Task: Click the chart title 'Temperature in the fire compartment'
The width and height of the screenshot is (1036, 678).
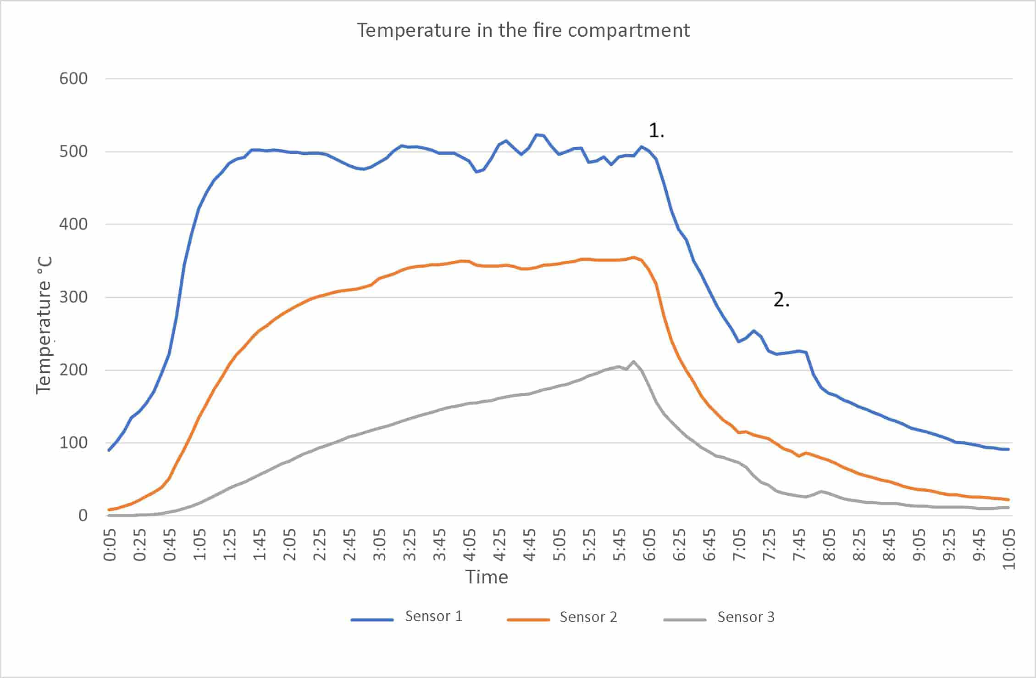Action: (x=523, y=31)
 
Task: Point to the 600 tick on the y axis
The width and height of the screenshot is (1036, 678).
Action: (x=73, y=78)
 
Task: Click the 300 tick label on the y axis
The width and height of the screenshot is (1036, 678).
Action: (x=73, y=297)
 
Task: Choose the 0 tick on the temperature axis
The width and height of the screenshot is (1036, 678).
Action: (x=83, y=516)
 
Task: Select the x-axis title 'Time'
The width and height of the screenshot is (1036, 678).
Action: (x=487, y=577)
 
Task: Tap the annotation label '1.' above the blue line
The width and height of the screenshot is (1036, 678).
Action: (x=656, y=131)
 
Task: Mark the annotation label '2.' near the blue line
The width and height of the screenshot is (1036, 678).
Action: (x=781, y=300)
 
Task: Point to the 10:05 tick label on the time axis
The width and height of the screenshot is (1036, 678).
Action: (x=1009, y=549)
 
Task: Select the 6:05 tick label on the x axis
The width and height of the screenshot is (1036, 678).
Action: (x=649, y=545)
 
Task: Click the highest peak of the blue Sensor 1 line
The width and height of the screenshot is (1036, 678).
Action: (x=537, y=134)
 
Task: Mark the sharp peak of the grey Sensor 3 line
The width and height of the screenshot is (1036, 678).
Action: (x=634, y=361)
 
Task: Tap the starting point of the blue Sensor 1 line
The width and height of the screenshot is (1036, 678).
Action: (x=109, y=450)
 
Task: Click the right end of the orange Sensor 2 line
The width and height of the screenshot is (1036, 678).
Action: (x=1008, y=499)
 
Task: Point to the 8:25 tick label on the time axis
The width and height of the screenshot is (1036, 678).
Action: (x=859, y=545)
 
